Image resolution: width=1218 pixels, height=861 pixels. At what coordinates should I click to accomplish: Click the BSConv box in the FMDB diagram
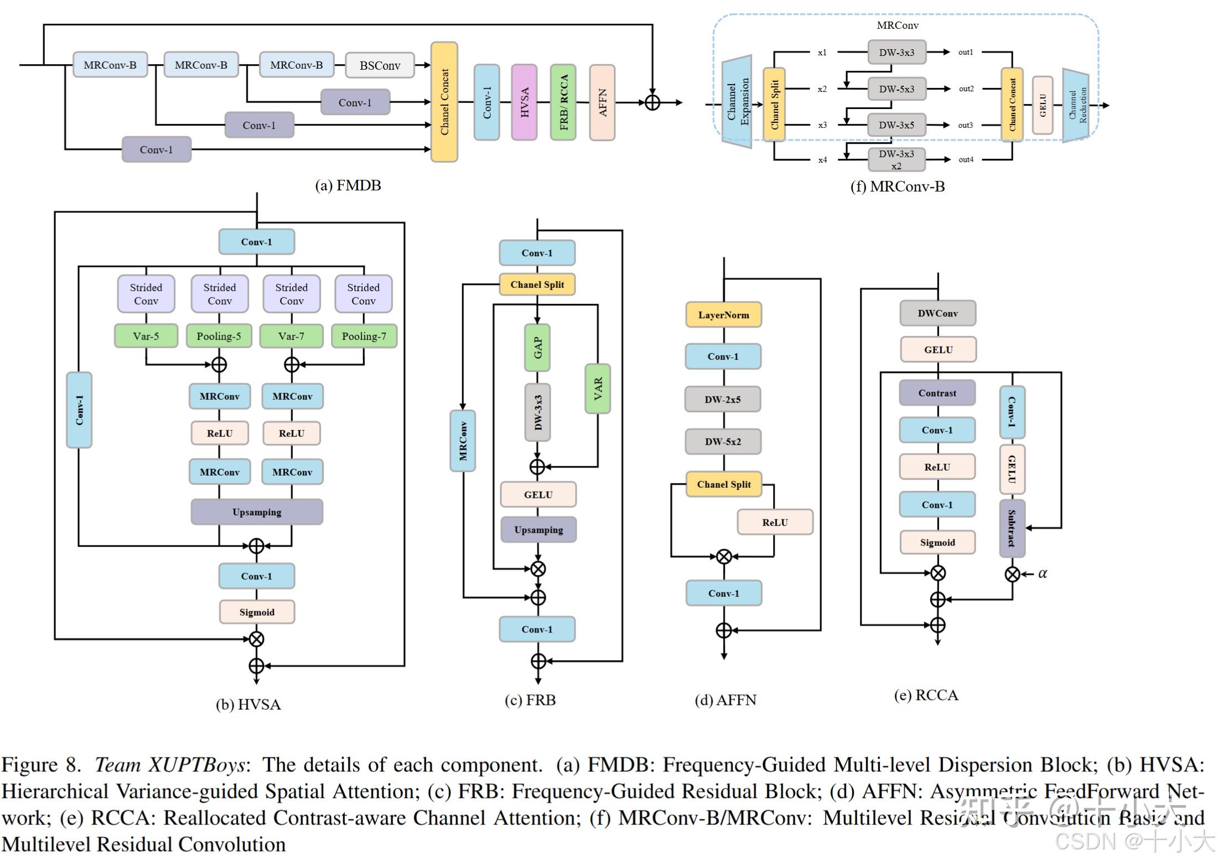(x=380, y=65)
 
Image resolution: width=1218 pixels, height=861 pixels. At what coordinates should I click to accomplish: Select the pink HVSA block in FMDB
(x=524, y=102)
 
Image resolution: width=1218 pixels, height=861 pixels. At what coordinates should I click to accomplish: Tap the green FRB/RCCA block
(x=563, y=102)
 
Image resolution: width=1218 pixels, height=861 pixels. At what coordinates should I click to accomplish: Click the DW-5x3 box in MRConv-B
(x=896, y=89)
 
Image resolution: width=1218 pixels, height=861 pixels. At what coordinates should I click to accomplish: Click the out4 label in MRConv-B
(x=966, y=159)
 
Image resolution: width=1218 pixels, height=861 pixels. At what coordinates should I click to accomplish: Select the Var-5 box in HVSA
(x=146, y=336)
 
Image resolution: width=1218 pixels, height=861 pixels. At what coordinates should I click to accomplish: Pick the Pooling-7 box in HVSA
(x=364, y=336)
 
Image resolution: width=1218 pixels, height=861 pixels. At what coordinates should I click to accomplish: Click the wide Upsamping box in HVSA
(x=257, y=512)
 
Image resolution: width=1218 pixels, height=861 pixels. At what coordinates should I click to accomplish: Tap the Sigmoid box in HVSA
(x=257, y=612)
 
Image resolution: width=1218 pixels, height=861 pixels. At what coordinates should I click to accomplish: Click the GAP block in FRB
(x=537, y=348)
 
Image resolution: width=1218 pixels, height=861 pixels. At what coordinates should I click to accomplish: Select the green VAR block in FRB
(x=598, y=389)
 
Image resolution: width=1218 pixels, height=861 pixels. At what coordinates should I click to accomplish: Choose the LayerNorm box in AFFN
(x=723, y=315)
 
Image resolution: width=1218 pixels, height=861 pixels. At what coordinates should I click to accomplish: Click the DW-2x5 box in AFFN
(x=722, y=399)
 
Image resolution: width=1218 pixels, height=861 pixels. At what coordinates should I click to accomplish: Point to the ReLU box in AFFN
(x=775, y=522)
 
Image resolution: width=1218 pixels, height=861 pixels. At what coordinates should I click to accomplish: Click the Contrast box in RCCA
(x=937, y=393)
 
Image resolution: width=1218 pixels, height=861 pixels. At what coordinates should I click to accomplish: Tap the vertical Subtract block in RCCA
(x=1012, y=528)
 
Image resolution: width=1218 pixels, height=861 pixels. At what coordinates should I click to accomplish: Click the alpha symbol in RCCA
(x=1043, y=574)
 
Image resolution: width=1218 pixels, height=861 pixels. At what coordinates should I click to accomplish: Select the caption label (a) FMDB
(x=348, y=185)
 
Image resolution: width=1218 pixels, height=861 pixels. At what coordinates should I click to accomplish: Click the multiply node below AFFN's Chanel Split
(x=724, y=556)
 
